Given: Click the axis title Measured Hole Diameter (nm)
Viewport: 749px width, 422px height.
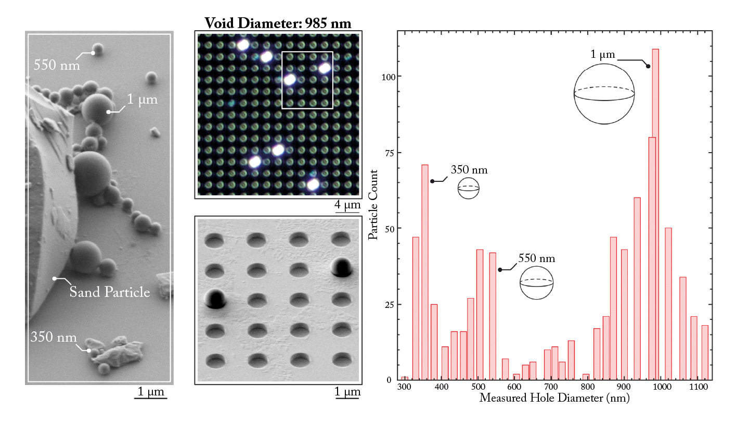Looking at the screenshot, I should pyautogui.click(x=554, y=399).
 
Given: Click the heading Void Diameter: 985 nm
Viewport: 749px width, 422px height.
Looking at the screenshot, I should pyautogui.click(x=278, y=23).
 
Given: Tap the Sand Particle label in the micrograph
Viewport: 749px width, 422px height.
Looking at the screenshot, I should pyautogui.click(x=110, y=292).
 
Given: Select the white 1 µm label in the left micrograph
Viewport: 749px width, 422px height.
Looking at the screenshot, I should pyautogui.click(x=142, y=101).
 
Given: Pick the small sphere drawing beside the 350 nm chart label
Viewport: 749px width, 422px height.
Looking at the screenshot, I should pyautogui.click(x=468, y=189).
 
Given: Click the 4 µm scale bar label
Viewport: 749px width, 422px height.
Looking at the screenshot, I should pyautogui.click(x=347, y=205).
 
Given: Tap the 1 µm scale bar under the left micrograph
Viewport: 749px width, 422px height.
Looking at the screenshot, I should pyautogui.click(x=150, y=399).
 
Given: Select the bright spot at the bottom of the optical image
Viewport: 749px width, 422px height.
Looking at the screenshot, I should pyautogui.click(x=313, y=184).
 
